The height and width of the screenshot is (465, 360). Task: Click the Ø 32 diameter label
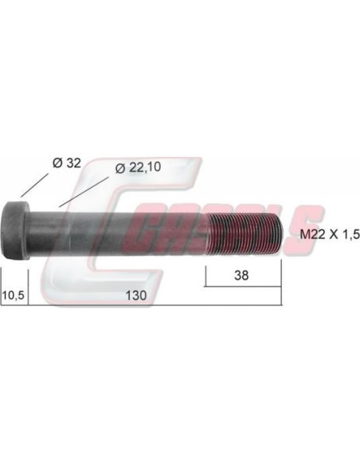[x=66, y=162]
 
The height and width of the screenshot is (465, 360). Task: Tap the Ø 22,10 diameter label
[x=139, y=167]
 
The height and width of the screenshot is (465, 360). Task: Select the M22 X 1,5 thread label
[x=330, y=235]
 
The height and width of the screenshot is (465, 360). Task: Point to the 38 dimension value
[x=241, y=275]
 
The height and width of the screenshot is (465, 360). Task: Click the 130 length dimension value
[x=136, y=295]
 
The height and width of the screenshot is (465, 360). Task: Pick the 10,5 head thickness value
[x=13, y=295]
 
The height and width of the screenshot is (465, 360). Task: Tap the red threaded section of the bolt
[x=244, y=233]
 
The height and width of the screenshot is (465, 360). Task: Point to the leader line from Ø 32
[x=34, y=185]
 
